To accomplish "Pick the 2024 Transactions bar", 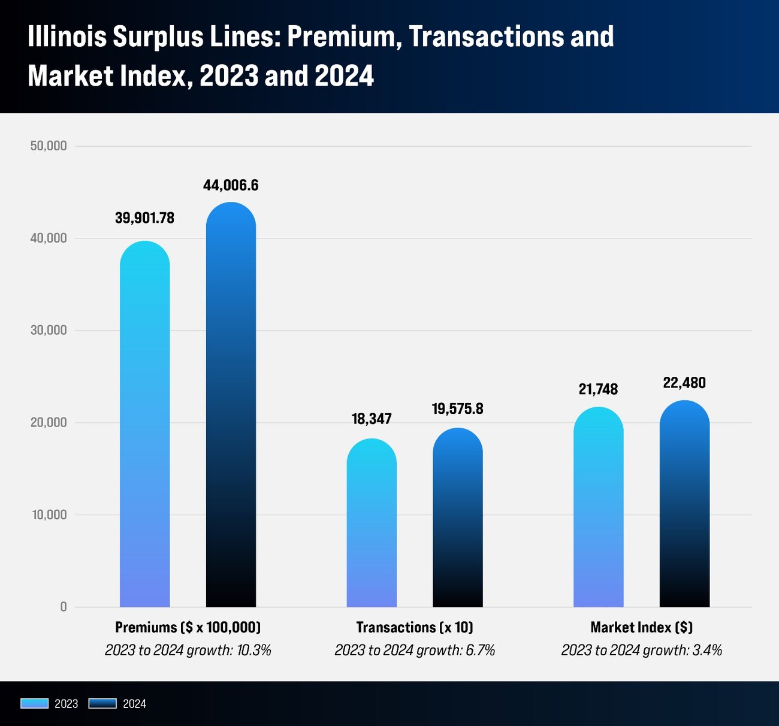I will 457,518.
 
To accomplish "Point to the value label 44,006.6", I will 231,185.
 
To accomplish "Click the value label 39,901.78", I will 144,218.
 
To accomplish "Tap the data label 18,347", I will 372,419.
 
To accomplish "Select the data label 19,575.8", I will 457,409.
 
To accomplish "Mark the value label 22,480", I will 684,383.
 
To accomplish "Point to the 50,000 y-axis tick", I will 49,146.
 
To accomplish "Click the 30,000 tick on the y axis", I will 49,331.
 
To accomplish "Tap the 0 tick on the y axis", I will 64,607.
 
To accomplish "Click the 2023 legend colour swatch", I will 34,703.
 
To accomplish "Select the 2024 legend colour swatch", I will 102,703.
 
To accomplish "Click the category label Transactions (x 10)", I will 415,627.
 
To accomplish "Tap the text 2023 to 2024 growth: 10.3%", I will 188,650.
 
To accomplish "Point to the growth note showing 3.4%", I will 642,650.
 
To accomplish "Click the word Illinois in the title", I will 67,37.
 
